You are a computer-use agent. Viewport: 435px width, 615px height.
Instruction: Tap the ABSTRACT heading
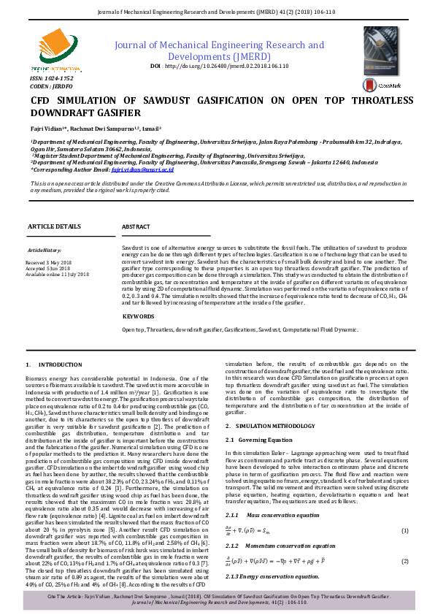pyautogui.click(x=136, y=227)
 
